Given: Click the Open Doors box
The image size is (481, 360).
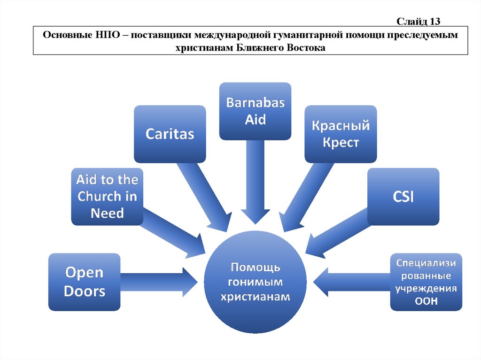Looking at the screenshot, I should pyautogui.click(x=85, y=282).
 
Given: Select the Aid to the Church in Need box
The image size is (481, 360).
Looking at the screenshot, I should pyautogui.click(x=107, y=196).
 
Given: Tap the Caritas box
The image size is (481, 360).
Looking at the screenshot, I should pyautogui.click(x=170, y=134).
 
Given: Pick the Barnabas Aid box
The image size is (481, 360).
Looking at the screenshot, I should pyautogui.click(x=255, y=111).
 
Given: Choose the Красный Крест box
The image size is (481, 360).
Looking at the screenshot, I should pyautogui.click(x=341, y=134).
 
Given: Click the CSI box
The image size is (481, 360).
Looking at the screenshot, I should pyautogui.click(x=403, y=196).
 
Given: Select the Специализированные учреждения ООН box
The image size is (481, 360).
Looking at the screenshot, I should pyautogui.click(x=426, y=282).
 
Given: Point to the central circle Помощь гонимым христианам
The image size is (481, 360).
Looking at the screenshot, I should pyautogui.click(x=256, y=282).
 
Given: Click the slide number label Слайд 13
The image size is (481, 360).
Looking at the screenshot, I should pyautogui.click(x=418, y=21).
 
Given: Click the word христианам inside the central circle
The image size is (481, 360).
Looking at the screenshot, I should pyautogui.click(x=256, y=297).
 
